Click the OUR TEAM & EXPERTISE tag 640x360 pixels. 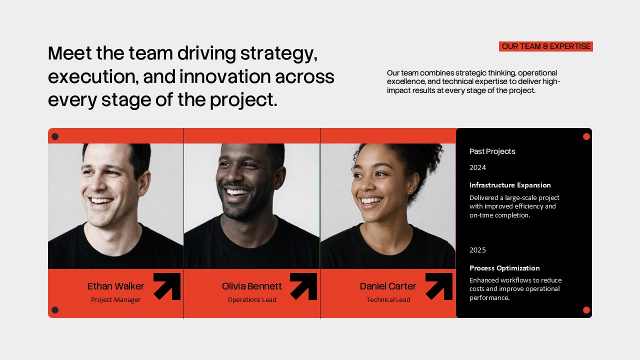pos(546,46)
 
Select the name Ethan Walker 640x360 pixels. pos(115,286)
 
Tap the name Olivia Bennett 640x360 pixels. pos(251,286)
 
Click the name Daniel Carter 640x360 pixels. pos(388,286)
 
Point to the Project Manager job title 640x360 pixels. pos(115,300)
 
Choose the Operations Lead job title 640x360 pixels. pos(251,300)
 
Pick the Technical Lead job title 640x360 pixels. pos(388,300)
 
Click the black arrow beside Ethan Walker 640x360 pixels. pos(167,286)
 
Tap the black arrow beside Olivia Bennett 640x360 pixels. pos(304,286)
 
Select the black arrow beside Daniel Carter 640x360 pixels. pos(439,286)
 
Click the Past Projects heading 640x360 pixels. pos(492,151)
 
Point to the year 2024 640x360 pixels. pos(477,167)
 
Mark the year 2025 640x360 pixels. pos(477,250)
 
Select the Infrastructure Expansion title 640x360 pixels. pos(510,185)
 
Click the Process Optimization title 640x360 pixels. pos(504,268)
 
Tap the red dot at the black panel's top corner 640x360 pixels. pos(586,136)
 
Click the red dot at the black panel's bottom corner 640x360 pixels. pos(586,310)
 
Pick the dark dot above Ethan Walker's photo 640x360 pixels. pos(55,136)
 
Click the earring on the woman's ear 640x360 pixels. pos(410,191)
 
